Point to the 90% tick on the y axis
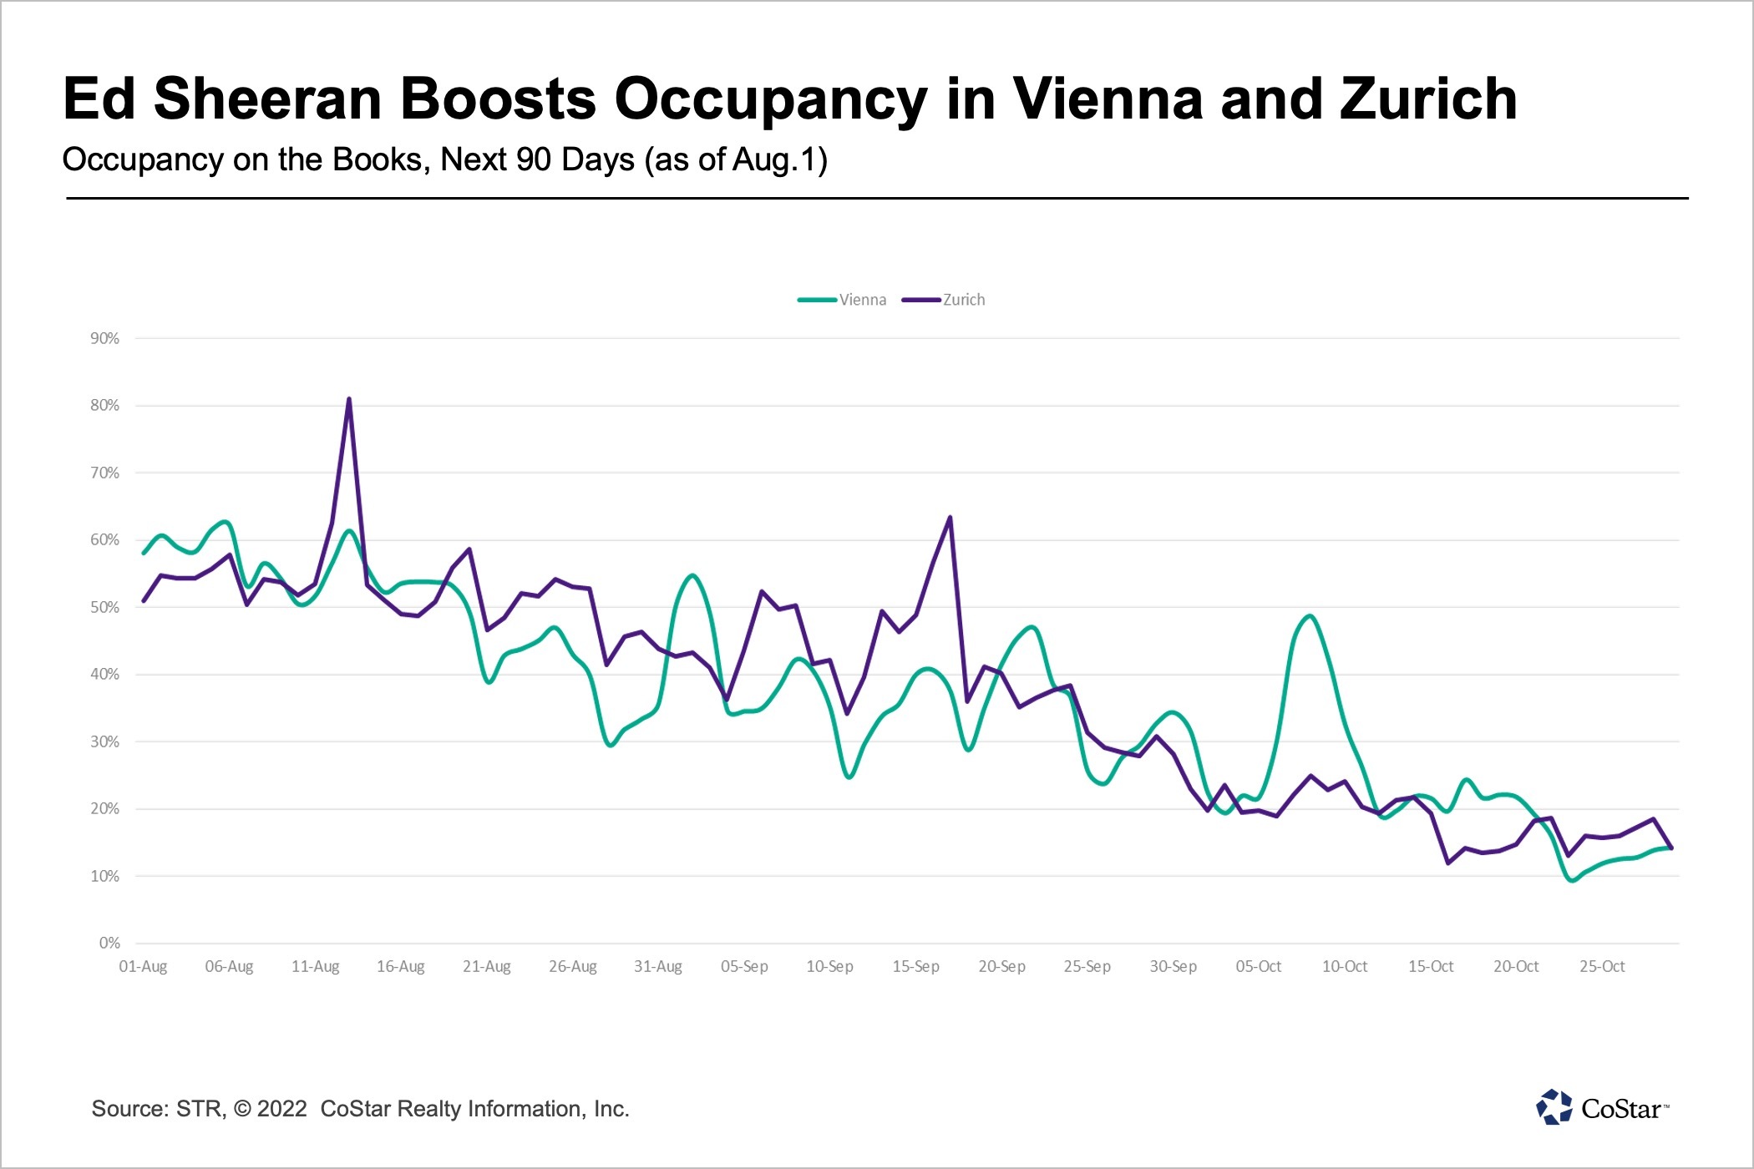[105, 338]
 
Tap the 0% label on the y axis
[109, 943]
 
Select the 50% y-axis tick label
[105, 607]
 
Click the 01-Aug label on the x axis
[143, 966]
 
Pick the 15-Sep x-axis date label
[915, 966]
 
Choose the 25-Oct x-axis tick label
[1602, 966]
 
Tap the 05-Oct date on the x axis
[1259, 966]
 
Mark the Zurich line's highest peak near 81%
[349, 399]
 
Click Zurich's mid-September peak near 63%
[950, 518]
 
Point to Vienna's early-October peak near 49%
[1310, 616]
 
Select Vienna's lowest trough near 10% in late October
[1572, 880]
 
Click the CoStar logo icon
[1554, 1107]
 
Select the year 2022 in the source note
[282, 1109]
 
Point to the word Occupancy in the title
[770, 99]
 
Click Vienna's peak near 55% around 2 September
[692, 575]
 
